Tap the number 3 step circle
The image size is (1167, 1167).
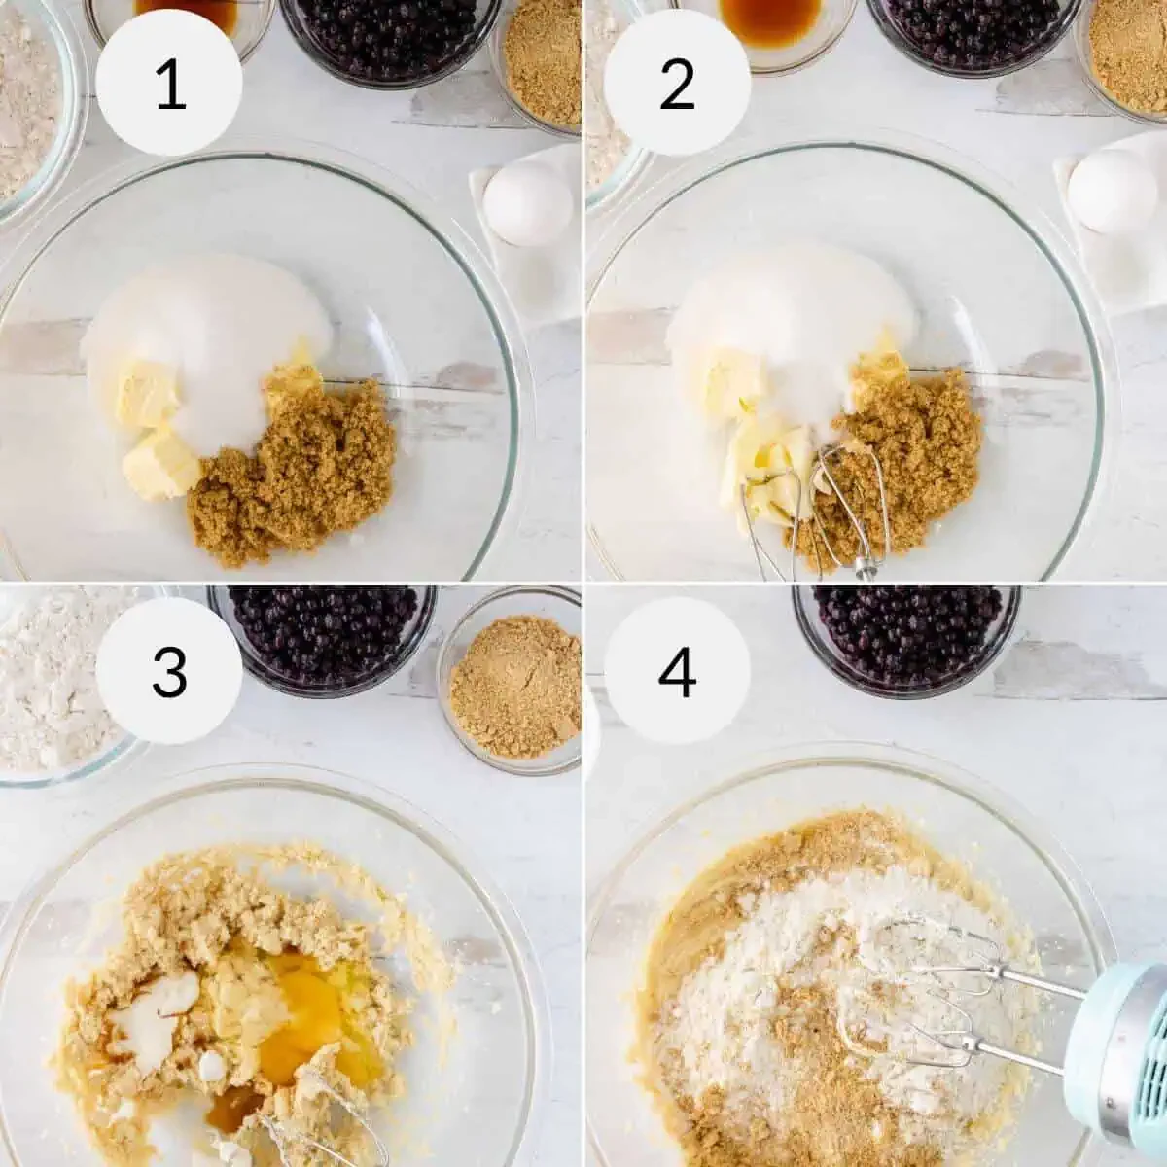click(170, 670)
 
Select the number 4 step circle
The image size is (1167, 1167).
click(677, 670)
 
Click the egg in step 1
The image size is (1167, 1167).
click(527, 203)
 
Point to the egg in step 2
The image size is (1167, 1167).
click(1112, 191)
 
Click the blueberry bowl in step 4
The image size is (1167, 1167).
click(904, 627)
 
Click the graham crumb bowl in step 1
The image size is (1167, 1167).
click(540, 63)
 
